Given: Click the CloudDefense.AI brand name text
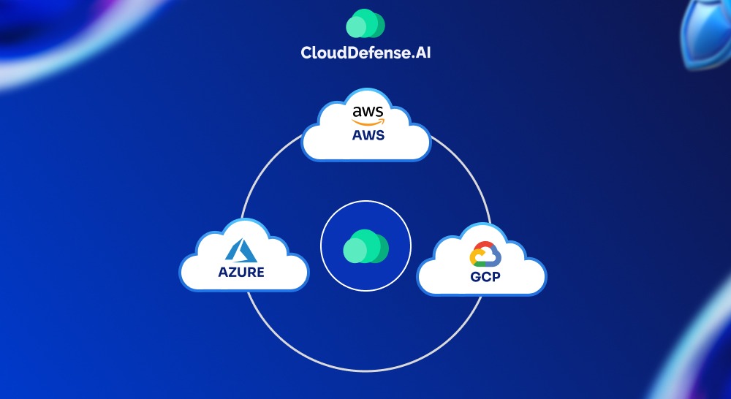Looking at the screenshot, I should tap(365, 53).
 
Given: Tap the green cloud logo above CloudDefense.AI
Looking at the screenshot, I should tap(365, 23).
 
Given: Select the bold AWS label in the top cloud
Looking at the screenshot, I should tap(366, 135).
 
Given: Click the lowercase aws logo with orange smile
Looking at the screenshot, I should tap(366, 113).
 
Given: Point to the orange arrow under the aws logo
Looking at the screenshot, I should tap(366, 122).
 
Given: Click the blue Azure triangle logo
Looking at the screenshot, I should tap(243, 251).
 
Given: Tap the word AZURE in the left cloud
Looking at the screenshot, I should tap(241, 273).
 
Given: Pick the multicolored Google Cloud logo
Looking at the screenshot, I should tap(484, 256).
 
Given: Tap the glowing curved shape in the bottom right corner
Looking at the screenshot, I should tap(702, 351).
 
